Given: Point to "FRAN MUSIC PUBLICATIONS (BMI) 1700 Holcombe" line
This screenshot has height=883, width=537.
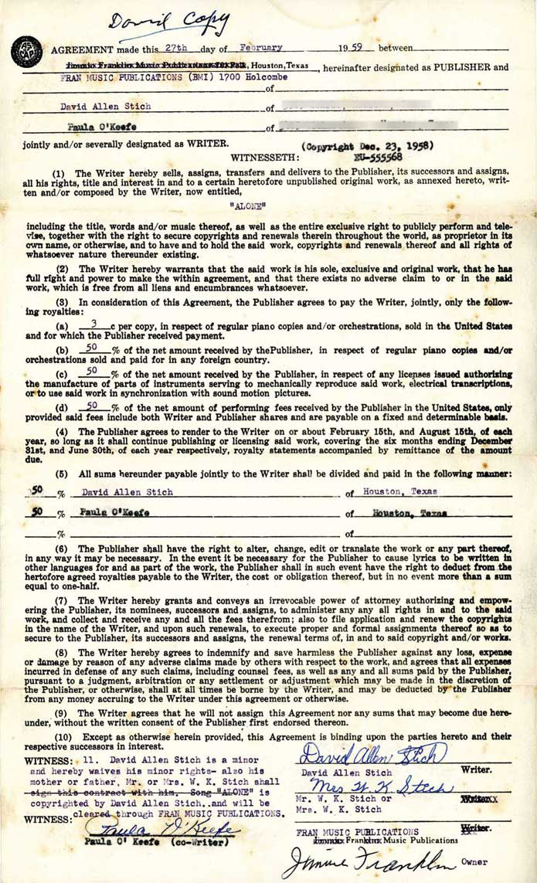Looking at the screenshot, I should pos(175,77).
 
